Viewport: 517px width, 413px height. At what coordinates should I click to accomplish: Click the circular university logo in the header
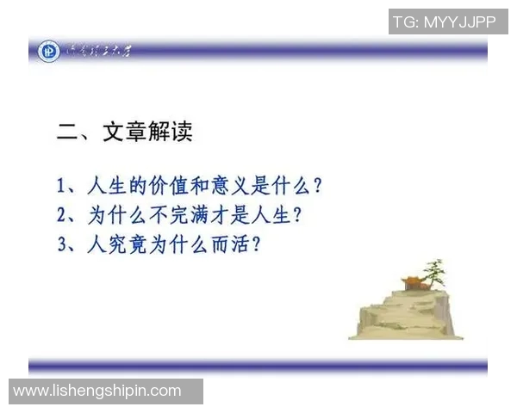pyautogui.click(x=48, y=52)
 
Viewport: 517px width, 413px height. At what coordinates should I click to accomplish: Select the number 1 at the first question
pyautogui.click(x=62, y=186)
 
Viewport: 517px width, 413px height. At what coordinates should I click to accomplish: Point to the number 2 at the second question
pyautogui.click(x=62, y=215)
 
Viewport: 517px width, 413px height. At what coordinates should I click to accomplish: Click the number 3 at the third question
pyautogui.click(x=62, y=244)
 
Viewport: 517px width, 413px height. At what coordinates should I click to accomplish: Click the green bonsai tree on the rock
pyautogui.click(x=436, y=275)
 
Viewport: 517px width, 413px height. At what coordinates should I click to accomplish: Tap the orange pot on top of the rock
pyautogui.click(x=413, y=282)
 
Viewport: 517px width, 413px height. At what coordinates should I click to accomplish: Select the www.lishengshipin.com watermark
pyautogui.click(x=97, y=391)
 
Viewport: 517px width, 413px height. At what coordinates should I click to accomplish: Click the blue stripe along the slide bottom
pyautogui.click(x=258, y=367)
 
